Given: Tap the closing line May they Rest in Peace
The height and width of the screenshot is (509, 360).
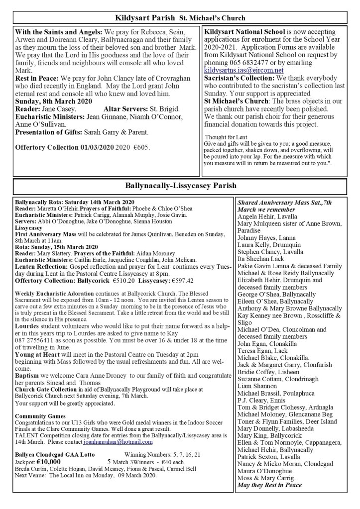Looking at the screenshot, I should click(269, 485).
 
